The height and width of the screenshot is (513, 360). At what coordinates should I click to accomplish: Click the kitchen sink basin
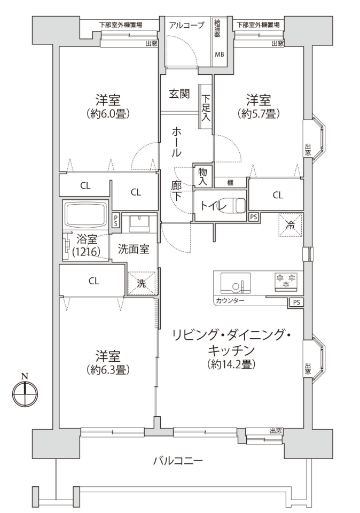[236, 283]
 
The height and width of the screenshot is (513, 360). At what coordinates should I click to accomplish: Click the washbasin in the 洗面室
[139, 224]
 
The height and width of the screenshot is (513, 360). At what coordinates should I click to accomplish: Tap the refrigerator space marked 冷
[290, 224]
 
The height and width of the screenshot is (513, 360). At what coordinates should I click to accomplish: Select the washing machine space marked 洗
[142, 283]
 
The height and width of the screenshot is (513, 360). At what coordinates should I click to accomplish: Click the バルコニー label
[178, 461]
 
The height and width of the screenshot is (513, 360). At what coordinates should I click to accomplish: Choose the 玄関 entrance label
[179, 94]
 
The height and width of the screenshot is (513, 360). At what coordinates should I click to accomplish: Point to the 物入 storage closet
[203, 177]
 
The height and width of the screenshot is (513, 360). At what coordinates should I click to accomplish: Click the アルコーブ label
[187, 25]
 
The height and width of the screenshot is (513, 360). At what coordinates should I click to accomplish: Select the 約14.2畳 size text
[231, 364]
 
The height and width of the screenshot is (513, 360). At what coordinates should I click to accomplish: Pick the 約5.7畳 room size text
[259, 113]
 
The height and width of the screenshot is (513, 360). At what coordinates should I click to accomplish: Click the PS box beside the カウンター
[296, 302]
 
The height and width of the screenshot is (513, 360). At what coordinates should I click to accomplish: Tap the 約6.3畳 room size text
[108, 370]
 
